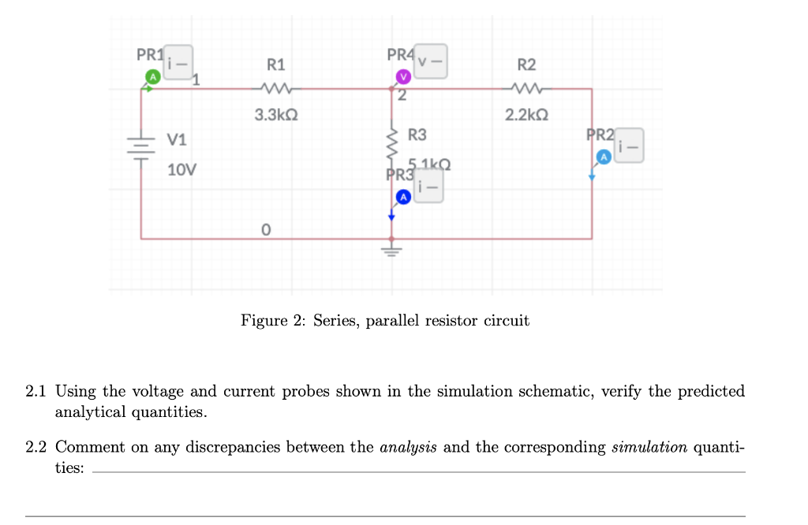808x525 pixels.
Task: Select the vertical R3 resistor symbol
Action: coord(391,147)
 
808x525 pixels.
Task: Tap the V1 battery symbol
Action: coord(141,149)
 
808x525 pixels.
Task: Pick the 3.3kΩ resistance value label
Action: coord(276,115)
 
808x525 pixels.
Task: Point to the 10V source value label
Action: coord(183,169)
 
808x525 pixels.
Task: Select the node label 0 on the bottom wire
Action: coord(266,229)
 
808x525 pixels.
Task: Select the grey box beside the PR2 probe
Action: coord(629,146)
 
